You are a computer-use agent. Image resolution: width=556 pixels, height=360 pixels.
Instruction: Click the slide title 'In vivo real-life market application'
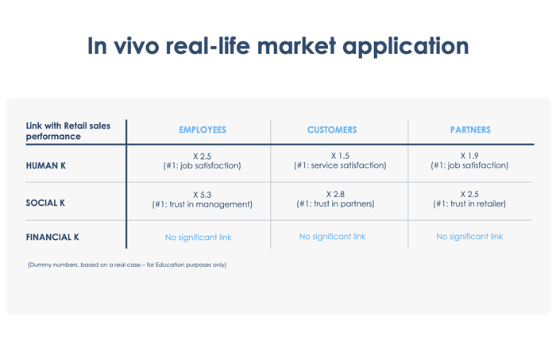point(278,46)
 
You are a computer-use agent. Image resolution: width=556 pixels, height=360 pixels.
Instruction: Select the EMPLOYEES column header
point(203,130)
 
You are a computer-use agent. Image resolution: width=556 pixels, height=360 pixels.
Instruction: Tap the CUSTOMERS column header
point(332,130)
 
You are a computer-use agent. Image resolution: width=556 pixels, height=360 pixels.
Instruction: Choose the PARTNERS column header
point(470,130)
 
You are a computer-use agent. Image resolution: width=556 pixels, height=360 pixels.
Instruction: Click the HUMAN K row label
point(46,165)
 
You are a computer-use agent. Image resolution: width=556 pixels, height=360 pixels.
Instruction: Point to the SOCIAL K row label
point(45,203)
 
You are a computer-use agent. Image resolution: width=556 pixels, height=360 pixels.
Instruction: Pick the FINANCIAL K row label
point(52,237)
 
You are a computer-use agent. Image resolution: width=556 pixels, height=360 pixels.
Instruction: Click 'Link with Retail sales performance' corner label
point(68,131)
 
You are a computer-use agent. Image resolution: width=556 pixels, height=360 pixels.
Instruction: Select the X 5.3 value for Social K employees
point(202,195)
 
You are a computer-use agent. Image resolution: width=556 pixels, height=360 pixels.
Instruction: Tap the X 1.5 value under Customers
point(340,156)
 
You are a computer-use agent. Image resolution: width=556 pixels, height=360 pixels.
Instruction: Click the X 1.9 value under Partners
point(469,156)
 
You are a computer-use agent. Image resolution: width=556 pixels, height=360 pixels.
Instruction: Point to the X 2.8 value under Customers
point(335,195)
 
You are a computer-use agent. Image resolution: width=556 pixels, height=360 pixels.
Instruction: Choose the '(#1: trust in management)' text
point(202,205)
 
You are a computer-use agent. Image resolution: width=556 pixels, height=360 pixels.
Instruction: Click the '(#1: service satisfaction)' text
point(340,165)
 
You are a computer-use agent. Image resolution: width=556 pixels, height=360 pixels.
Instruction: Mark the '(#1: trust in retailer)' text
point(469,204)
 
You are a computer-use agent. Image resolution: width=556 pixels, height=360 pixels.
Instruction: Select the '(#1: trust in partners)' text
point(335,204)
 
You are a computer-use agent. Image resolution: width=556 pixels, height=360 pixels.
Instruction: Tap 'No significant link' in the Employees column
point(199,238)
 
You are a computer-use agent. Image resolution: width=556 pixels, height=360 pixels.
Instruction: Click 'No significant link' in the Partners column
point(469,237)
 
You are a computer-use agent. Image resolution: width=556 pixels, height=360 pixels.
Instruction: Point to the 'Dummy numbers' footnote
point(127,265)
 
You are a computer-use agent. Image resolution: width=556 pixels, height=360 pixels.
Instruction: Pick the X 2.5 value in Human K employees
point(202,157)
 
